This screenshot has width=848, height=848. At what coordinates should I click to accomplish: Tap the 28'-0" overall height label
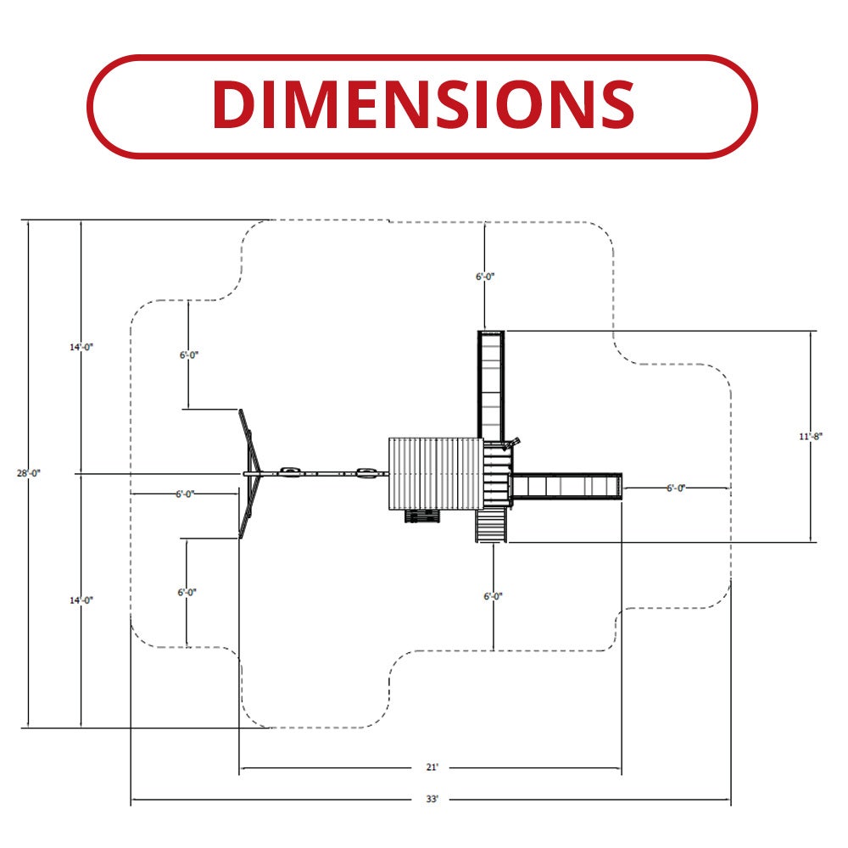29,473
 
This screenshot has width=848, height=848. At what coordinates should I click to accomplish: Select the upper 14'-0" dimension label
81,347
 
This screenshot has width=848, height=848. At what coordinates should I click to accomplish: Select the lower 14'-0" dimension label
81,600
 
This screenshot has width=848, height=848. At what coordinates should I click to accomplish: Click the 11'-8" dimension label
811,437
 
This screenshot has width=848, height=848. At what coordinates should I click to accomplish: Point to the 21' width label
432,767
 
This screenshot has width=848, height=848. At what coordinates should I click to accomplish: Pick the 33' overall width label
432,799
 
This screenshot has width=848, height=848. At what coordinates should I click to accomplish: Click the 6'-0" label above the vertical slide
485,276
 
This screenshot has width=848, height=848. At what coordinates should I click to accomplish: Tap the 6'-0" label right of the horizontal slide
676,488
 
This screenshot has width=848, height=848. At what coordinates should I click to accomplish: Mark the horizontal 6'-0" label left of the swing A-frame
185,494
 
